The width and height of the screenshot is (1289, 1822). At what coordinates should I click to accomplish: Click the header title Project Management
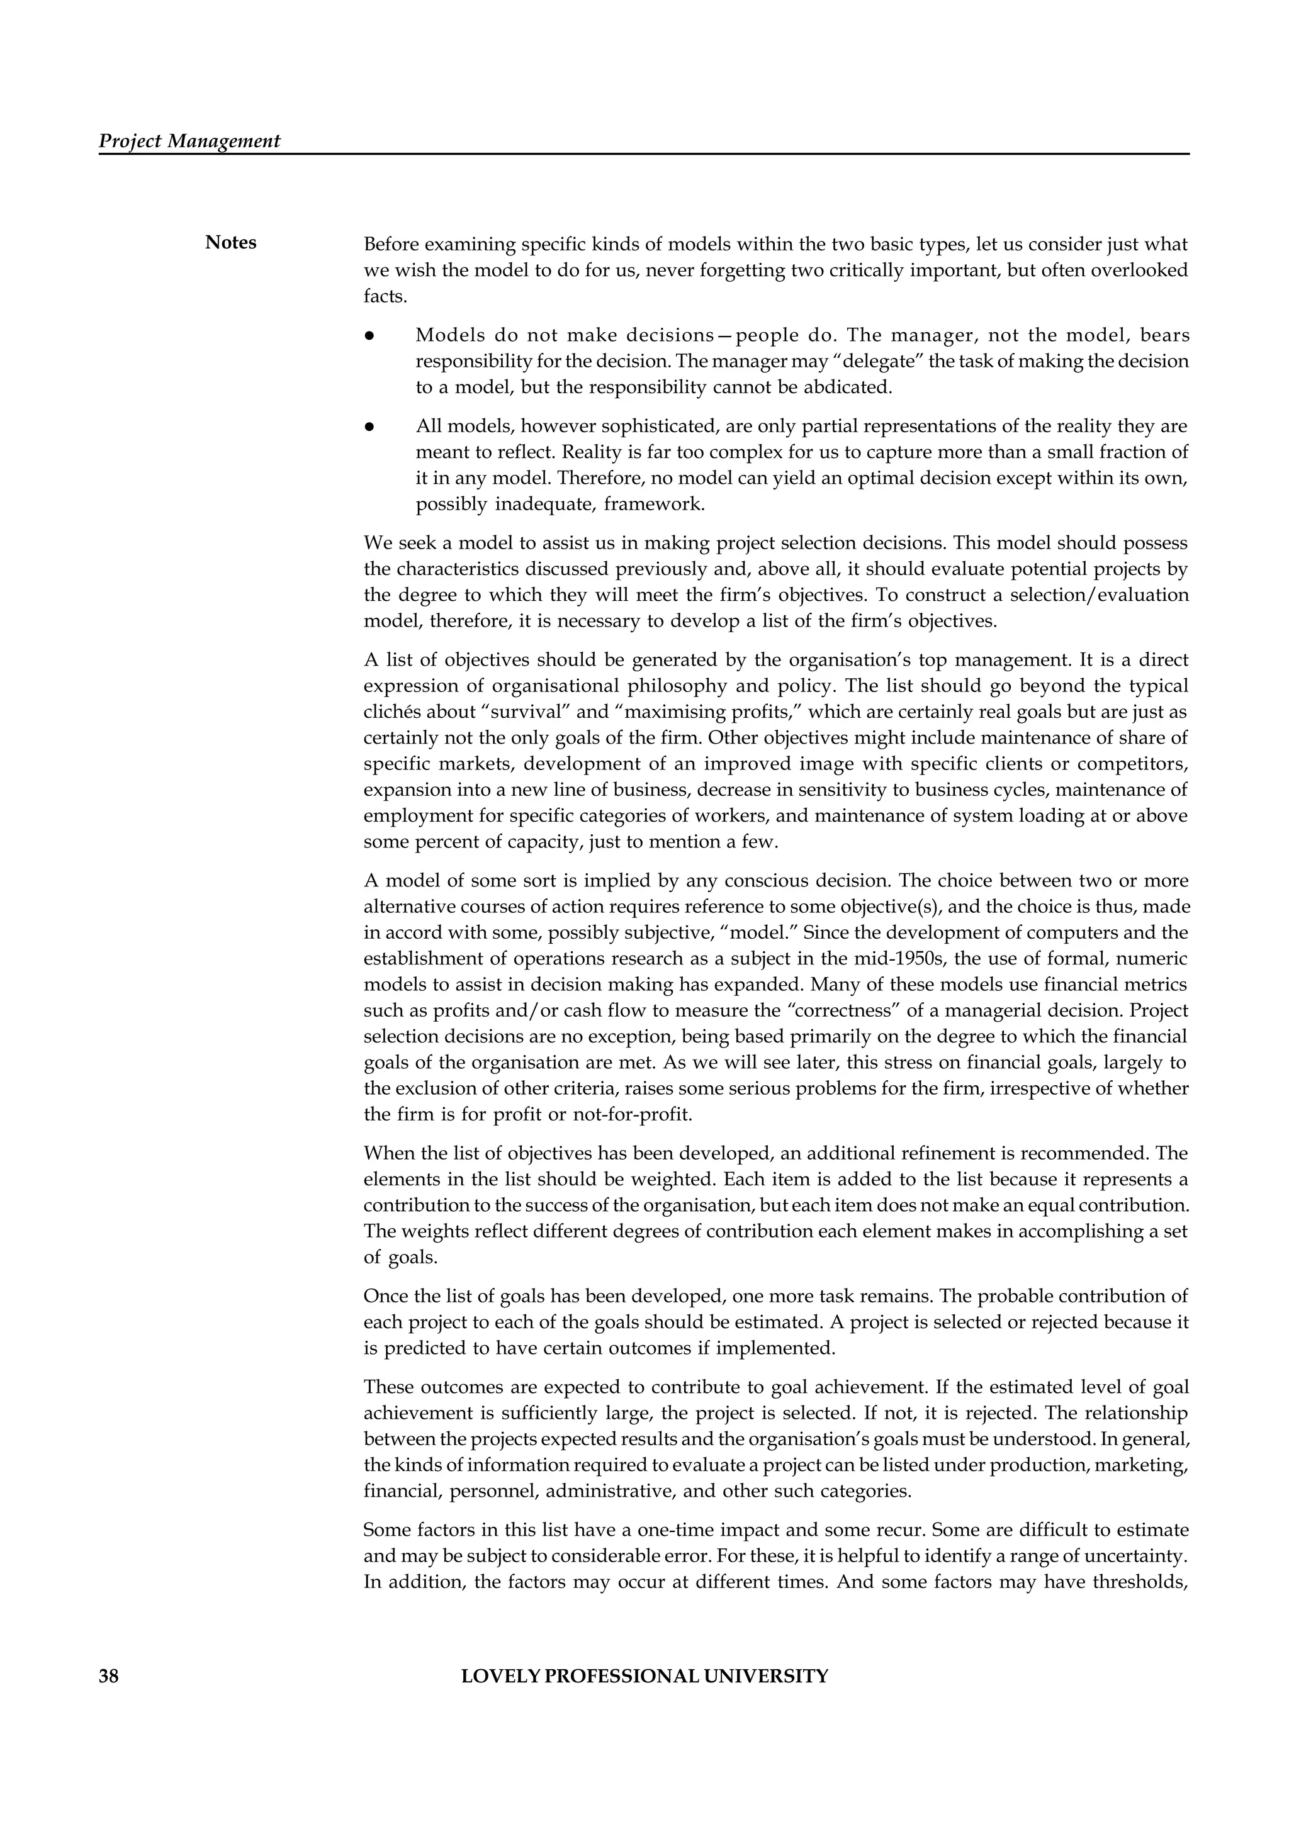pyautogui.click(x=189, y=142)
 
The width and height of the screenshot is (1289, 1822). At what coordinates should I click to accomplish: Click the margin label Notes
pyautogui.click(x=230, y=243)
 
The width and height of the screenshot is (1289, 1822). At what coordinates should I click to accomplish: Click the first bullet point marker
pyautogui.click(x=369, y=336)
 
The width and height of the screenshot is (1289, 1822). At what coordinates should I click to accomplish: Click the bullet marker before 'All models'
pyautogui.click(x=369, y=427)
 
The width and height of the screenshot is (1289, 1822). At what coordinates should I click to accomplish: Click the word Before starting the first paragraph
pyautogui.click(x=392, y=244)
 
